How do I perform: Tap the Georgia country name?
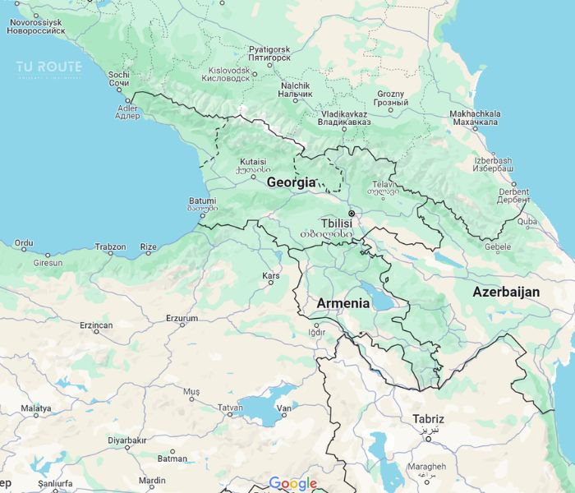(x=291, y=182)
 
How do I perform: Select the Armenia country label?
(x=343, y=303)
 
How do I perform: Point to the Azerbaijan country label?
(x=506, y=292)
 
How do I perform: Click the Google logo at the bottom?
(x=292, y=484)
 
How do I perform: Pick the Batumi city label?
(x=202, y=200)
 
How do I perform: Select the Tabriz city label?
(x=428, y=419)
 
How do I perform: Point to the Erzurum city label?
(x=182, y=318)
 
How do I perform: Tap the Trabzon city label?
(x=111, y=246)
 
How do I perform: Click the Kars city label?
(x=270, y=275)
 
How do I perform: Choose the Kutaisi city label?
(x=253, y=161)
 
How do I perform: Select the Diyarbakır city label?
(x=127, y=440)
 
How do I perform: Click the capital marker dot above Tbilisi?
(x=351, y=213)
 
